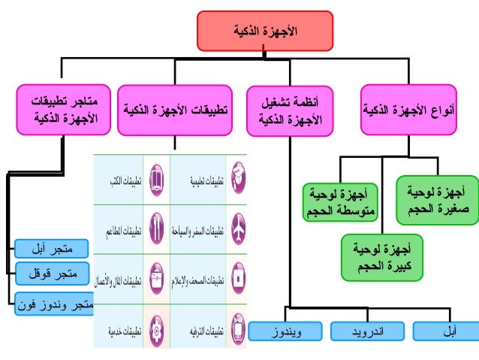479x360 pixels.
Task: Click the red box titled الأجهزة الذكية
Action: [264, 31]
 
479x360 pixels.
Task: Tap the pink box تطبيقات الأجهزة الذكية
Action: [175, 110]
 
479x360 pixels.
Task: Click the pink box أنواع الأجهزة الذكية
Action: [408, 110]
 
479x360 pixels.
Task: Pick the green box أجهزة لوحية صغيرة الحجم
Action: [437, 200]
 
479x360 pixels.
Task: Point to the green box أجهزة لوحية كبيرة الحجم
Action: [381, 256]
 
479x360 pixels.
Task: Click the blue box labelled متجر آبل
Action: [52, 247]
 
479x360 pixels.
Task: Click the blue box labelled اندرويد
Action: [368, 331]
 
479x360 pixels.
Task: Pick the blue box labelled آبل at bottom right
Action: [445, 331]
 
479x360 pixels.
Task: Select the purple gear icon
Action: [154, 328]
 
